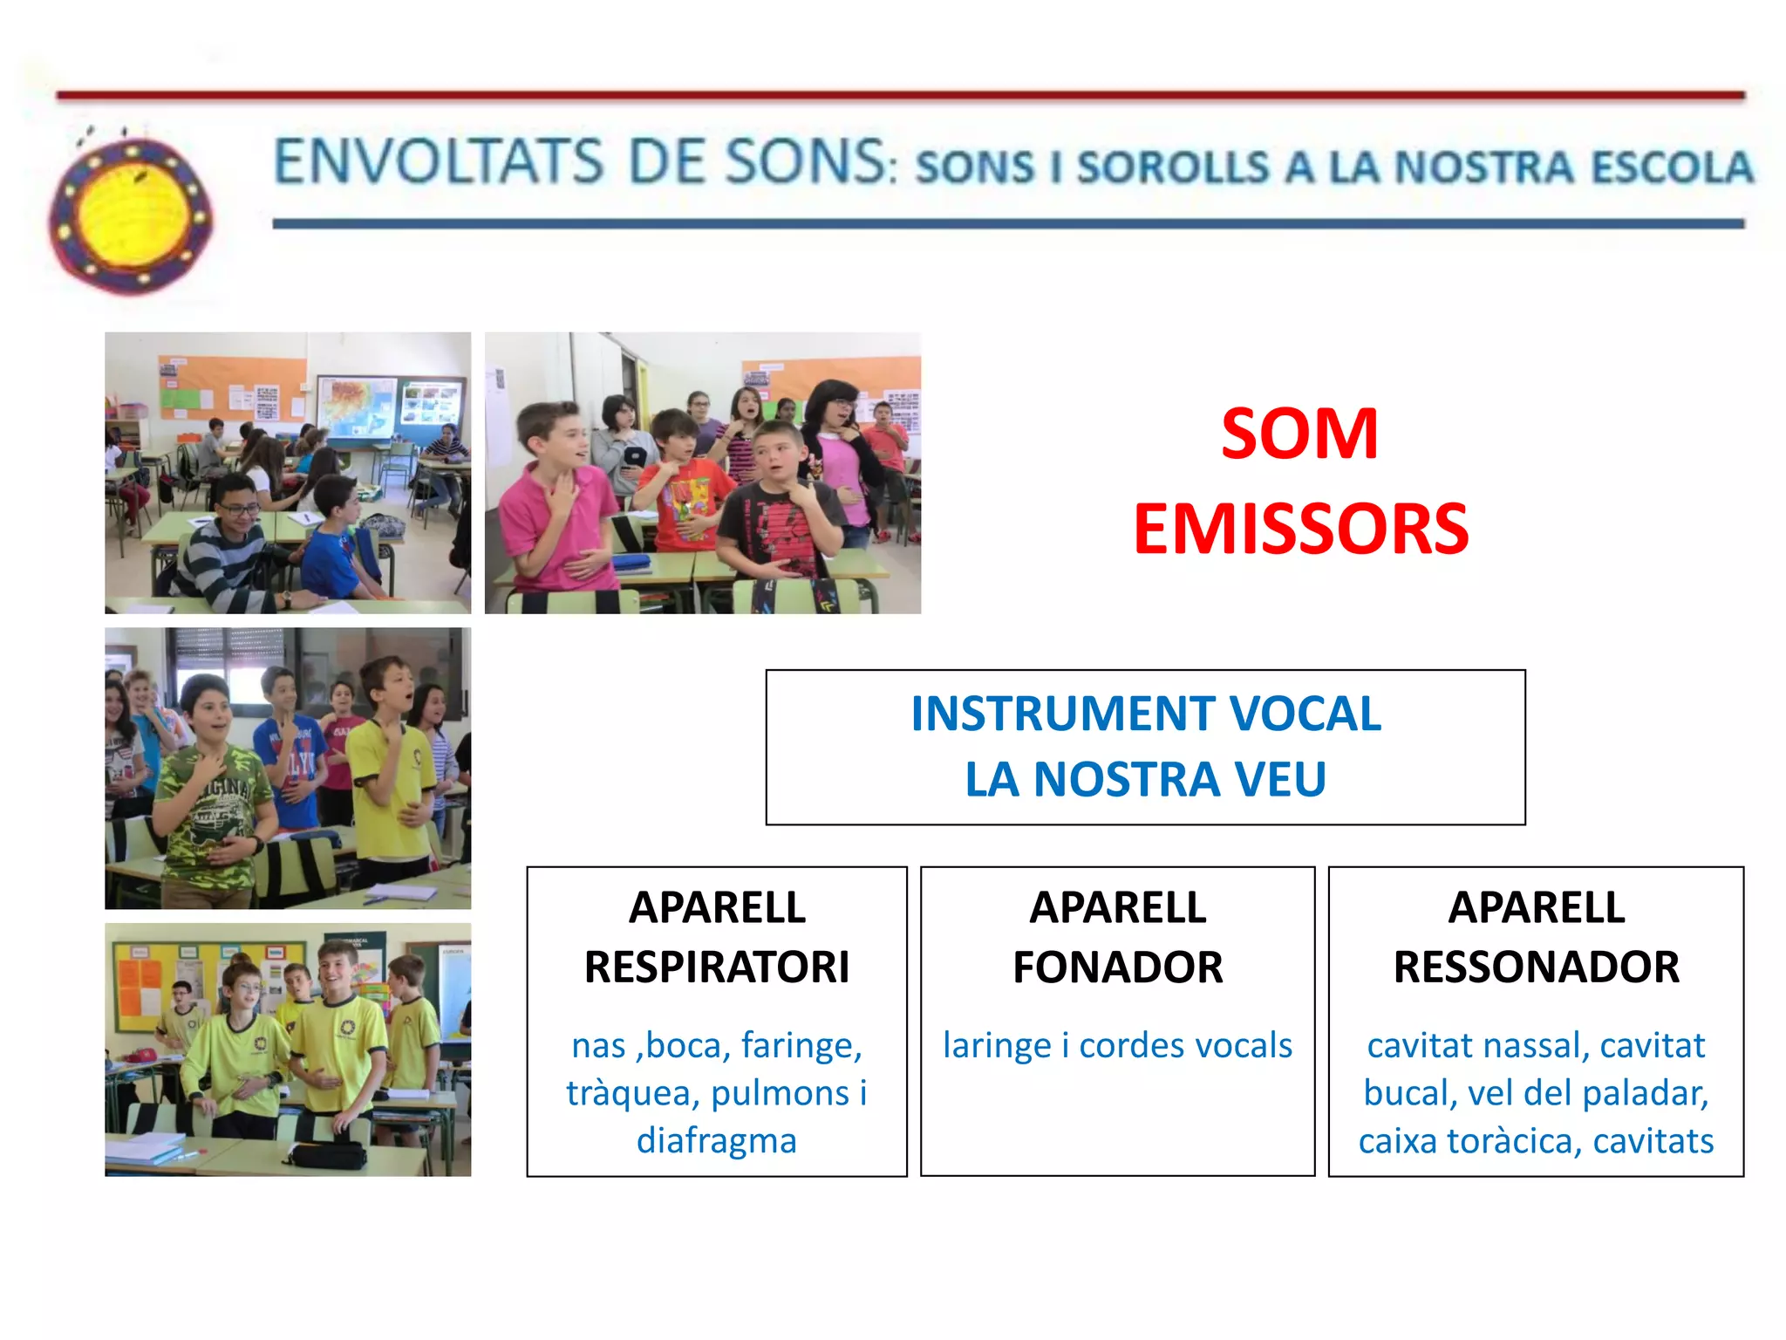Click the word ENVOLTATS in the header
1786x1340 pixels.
click(439, 162)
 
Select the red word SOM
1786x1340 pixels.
click(1299, 434)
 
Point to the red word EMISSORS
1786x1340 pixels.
click(1300, 530)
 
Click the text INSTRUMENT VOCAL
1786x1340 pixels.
click(1145, 714)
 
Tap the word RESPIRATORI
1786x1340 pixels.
click(716, 967)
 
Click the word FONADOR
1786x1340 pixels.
click(1117, 967)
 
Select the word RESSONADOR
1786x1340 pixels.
click(1536, 967)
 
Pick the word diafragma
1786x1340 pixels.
click(716, 1140)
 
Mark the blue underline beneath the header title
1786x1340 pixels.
click(1007, 224)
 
